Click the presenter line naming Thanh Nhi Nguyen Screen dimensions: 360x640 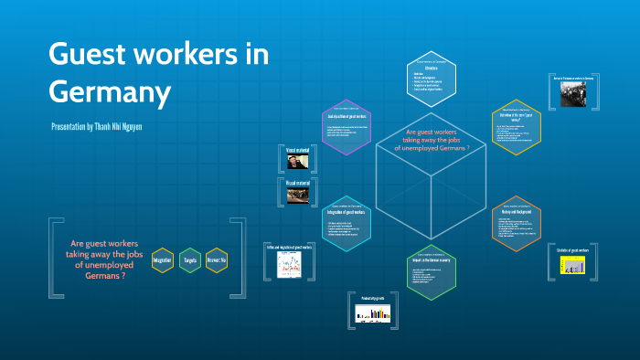pyautogui.click(x=97, y=126)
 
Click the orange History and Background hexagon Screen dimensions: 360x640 pyautogui.click(x=517, y=223)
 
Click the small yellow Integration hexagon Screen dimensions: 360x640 pyautogui.click(x=163, y=260)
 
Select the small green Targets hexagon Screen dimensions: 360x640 pyautogui.click(x=190, y=260)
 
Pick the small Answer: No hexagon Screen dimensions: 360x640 pyautogui.click(x=217, y=260)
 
